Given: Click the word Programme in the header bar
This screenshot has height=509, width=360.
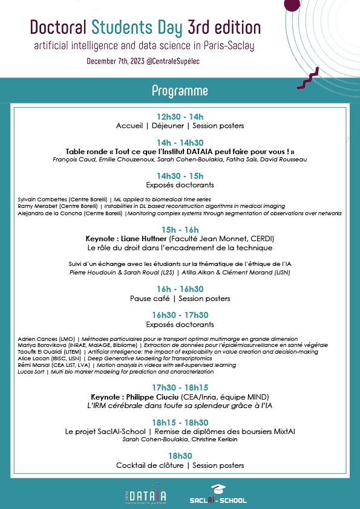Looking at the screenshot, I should [180, 91].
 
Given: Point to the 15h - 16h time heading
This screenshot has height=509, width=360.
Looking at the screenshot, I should [180, 230].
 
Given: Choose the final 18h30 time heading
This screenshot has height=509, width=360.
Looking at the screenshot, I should [180, 456].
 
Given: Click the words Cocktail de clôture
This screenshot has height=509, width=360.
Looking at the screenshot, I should [149, 465].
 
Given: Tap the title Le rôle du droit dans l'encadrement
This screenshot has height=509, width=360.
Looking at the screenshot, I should [180, 248].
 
